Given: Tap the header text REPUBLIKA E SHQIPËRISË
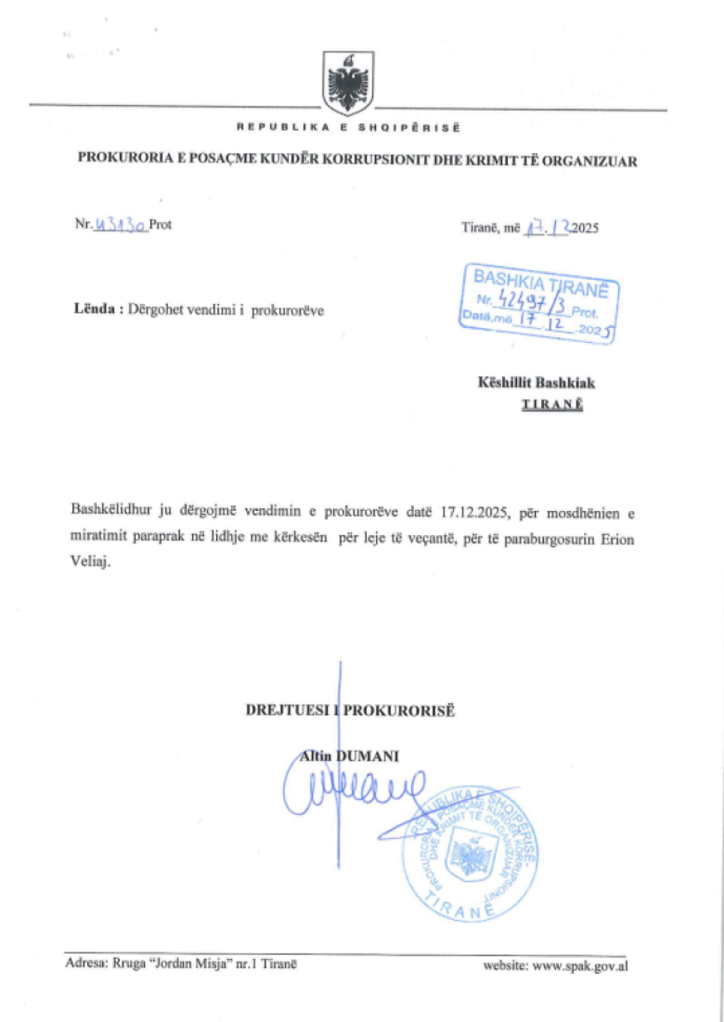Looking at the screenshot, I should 348,127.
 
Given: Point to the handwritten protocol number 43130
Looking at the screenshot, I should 121,224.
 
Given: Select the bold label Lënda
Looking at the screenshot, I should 95,309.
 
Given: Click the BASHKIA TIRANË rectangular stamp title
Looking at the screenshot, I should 540,281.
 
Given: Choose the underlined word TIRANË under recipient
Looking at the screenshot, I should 551,404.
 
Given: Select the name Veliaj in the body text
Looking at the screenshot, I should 89,562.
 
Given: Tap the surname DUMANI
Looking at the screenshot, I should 372,756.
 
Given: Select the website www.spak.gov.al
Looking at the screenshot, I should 580,966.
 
